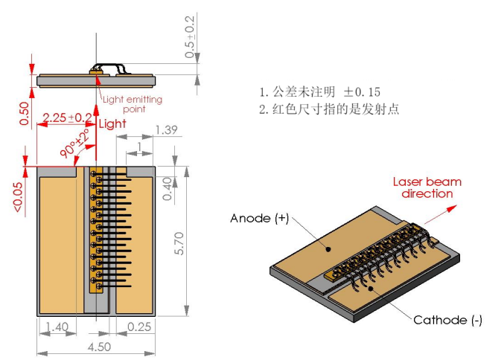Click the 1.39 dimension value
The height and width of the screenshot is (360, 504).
click(x=165, y=130)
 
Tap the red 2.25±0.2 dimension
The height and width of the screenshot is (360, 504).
click(x=67, y=118)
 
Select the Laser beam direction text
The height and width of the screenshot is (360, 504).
click(x=427, y=187)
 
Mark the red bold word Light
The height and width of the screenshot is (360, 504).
click(x=112, y=123)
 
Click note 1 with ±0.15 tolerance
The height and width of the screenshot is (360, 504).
click(x=319, y=92)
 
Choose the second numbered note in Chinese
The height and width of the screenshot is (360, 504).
click(x=329, y=110)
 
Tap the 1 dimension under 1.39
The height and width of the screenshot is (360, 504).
click(x=139, y=146)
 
